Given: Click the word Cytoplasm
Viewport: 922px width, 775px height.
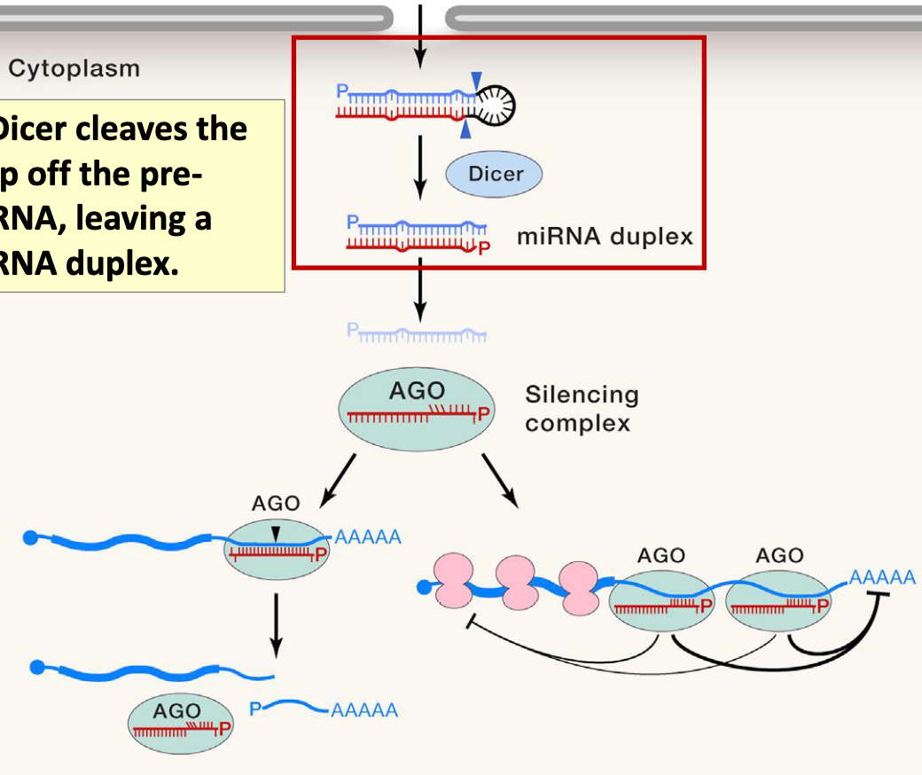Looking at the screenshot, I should click(74, 68).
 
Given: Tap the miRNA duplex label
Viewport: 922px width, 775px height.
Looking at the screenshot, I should click(604, 237).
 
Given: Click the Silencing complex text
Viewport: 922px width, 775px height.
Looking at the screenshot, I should click(581, 408).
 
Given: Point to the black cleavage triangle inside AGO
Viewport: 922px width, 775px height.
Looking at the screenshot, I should click(276, 533).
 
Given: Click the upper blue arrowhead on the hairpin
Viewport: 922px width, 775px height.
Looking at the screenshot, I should click(477, 82).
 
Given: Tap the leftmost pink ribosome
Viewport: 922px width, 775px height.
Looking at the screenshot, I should click(455, 583).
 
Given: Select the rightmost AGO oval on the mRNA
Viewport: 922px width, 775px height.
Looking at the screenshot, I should click(779, 600).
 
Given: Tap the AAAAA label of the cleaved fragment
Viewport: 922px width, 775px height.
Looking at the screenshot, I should click(364, 710).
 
